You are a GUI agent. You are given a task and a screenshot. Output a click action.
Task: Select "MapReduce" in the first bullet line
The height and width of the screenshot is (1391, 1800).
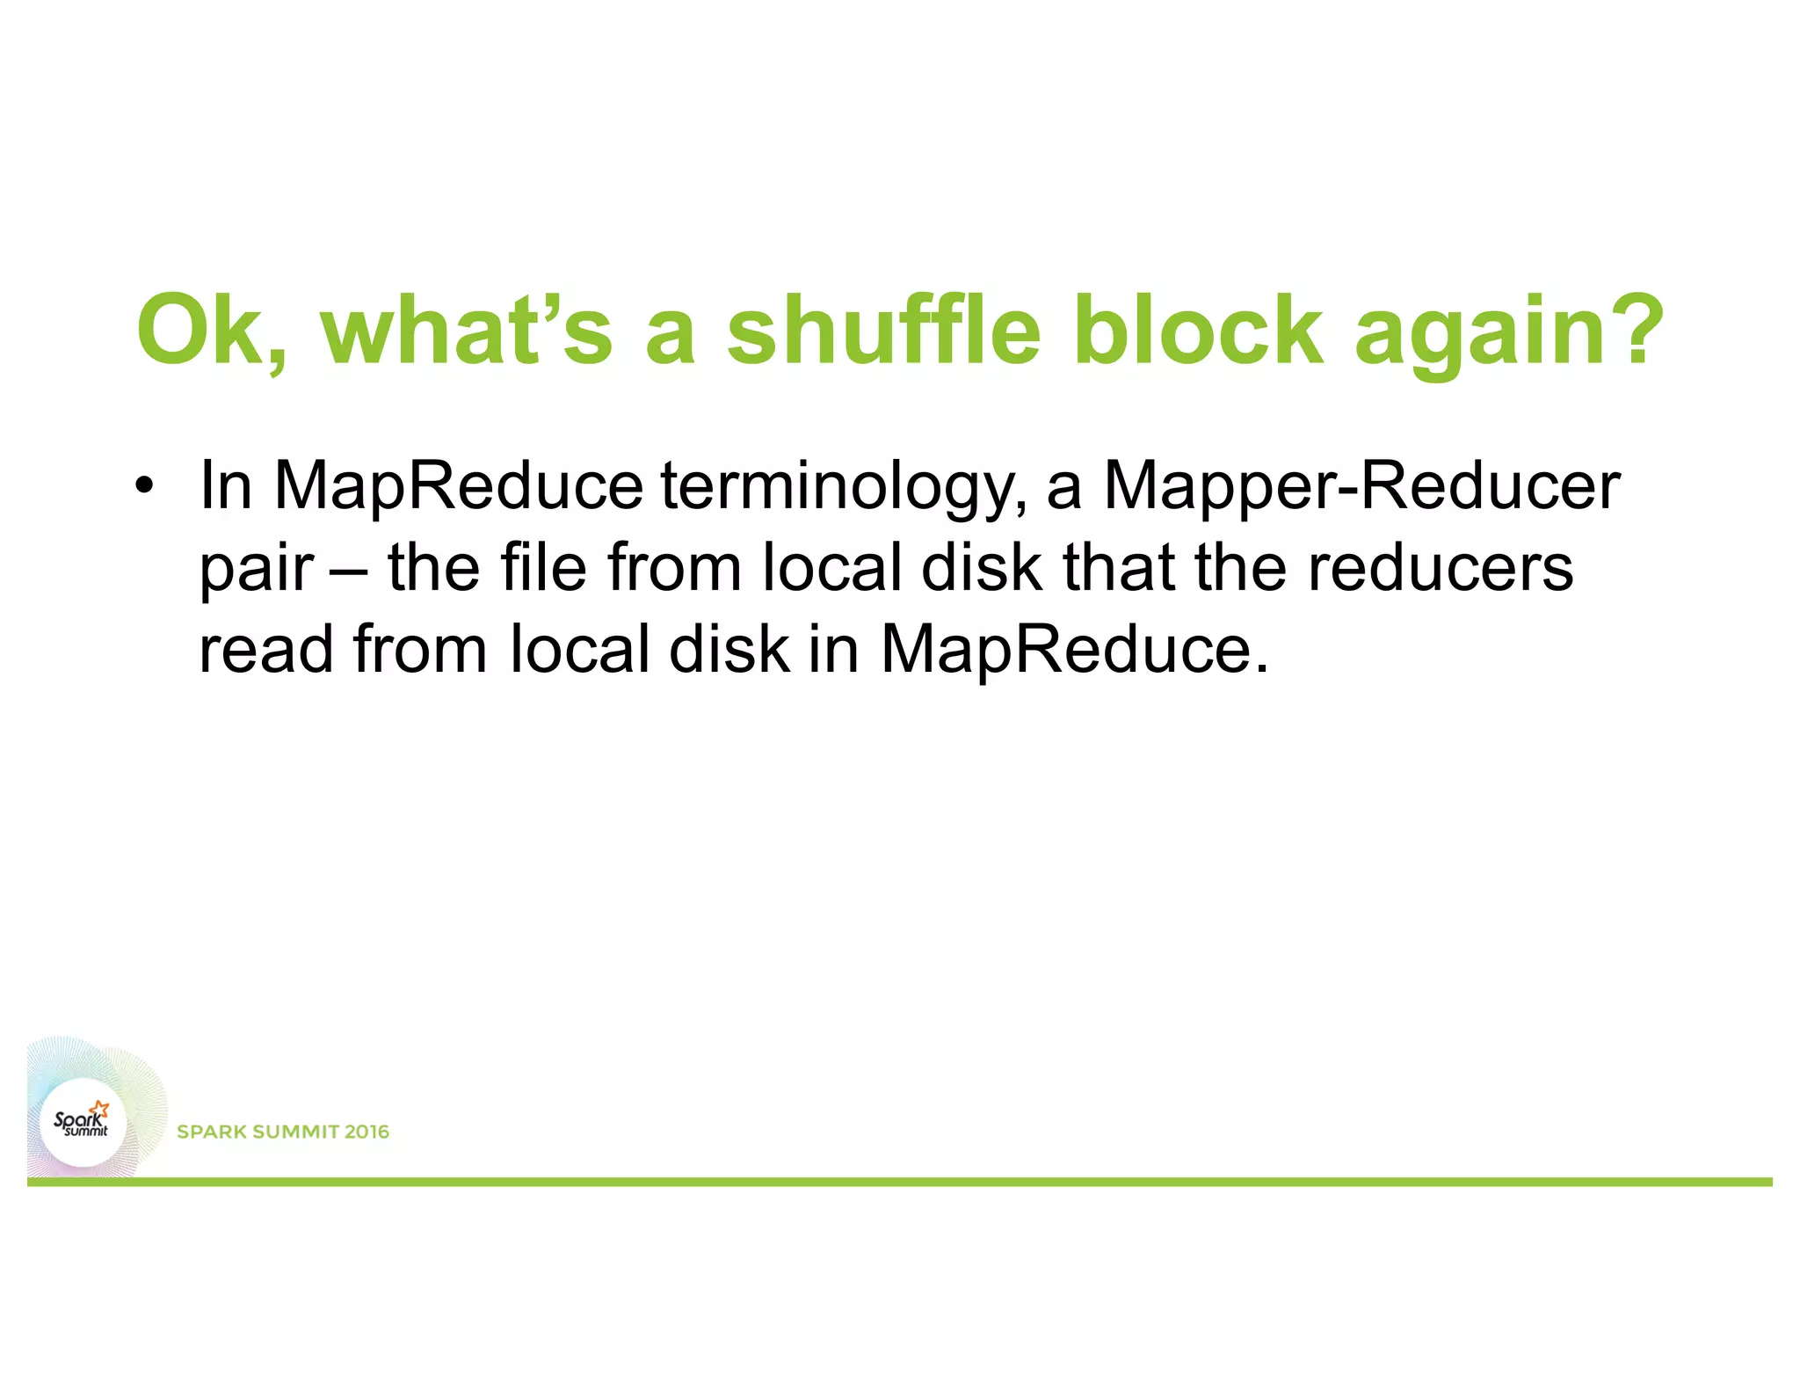click(x=458, y=486)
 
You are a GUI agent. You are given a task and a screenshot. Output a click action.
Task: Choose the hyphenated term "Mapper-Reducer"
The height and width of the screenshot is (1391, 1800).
click(x=1361, y=486)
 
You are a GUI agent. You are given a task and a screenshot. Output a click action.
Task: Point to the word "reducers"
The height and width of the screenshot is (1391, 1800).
click(x=1441, y=568)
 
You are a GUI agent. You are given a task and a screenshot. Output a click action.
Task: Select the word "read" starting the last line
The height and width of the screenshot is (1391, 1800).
click(x=265, y=649)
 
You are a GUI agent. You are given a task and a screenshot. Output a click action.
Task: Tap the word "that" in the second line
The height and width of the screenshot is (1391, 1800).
click(x=1118, y=567)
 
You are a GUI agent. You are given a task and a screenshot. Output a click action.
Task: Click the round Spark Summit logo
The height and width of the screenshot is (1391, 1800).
click(x=84, y=1121)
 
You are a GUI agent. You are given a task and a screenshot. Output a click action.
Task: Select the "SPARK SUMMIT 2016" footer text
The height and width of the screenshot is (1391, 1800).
click(x=283, y=1132)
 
